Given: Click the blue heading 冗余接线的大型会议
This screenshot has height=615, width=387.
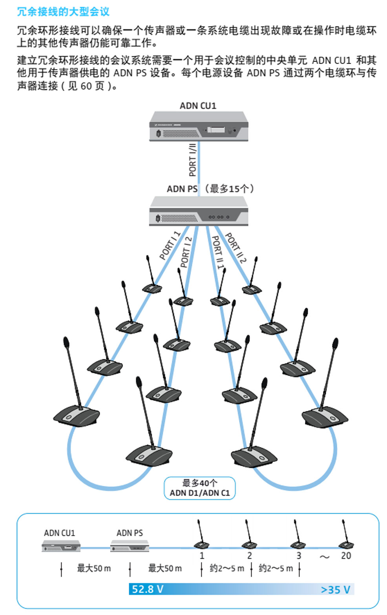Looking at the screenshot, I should pos(63,11).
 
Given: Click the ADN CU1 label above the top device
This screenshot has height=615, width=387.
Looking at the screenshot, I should pos(198,106).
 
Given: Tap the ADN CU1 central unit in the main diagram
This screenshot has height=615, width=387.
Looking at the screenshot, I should pos(199,126).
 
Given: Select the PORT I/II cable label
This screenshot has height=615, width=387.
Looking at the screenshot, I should pos(192,160).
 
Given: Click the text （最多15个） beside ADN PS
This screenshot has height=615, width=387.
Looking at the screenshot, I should pos(229,189).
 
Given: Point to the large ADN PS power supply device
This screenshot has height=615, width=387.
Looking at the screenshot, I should pos(199,212).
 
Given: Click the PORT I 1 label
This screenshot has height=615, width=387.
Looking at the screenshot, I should pos(170,246).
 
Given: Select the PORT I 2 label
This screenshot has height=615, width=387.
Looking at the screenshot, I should pos(186,252).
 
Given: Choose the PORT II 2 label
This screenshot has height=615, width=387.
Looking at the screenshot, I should pos(236,248).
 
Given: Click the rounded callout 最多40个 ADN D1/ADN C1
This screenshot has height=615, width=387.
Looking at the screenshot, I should pos(199,488).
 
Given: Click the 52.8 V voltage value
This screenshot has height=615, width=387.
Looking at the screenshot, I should pos(148,589).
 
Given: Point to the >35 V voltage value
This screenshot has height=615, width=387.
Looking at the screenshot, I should pos(335,589).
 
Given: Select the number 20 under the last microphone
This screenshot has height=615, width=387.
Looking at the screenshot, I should pos(346,555).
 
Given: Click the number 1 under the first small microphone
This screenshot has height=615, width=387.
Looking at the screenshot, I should pos(202,555).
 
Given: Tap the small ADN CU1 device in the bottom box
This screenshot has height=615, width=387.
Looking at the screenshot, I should pos(61,546).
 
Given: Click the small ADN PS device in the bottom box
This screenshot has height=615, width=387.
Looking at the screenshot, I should pos(130,546).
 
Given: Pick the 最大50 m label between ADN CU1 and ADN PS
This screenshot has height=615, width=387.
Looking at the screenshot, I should pos(94,568).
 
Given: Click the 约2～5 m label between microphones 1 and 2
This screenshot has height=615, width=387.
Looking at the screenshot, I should pos(226,568).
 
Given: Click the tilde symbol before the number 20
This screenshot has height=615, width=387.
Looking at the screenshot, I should pos(325,557).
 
